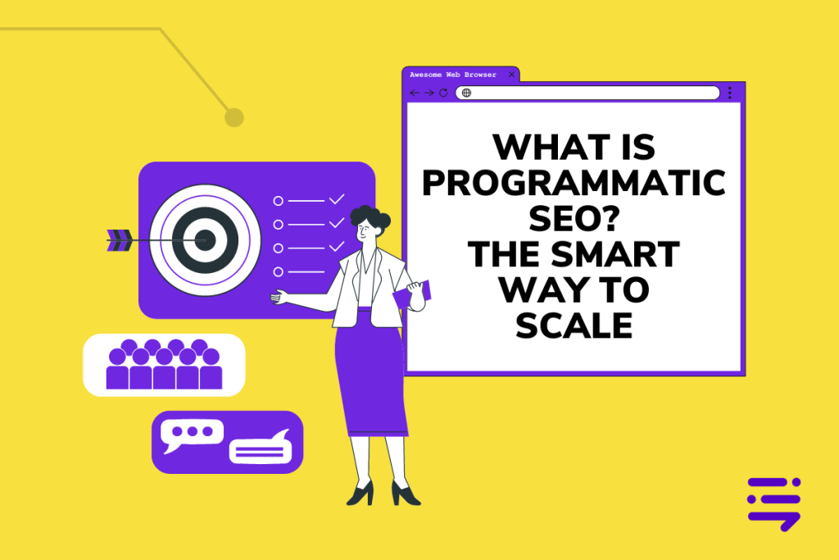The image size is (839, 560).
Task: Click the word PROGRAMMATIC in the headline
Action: click(574, 183)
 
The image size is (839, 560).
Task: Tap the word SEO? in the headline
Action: click(574, 218)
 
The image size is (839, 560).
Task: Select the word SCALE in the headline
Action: click(574, 326)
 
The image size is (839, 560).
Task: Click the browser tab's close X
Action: click(511, 75)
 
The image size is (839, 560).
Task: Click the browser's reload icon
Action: click(443, 93)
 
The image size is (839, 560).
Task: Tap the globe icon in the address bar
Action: click(466, 93)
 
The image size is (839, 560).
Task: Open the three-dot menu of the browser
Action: click(729, 93)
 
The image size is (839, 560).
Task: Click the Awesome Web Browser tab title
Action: click(452, 75)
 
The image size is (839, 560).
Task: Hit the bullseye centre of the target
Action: click(205, 240)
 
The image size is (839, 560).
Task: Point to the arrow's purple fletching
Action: click(120, 240)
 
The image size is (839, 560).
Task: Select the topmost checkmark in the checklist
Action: click(337, 199)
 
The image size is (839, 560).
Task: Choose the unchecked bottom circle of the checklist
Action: click(279, 272)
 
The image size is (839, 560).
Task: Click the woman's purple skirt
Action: click(370, 375)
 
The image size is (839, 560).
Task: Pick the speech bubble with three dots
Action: click(192, 434)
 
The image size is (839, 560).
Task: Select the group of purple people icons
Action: click(164, 364)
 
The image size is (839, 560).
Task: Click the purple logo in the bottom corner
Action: click(773, 503)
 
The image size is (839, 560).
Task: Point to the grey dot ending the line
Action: click(234, 117)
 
